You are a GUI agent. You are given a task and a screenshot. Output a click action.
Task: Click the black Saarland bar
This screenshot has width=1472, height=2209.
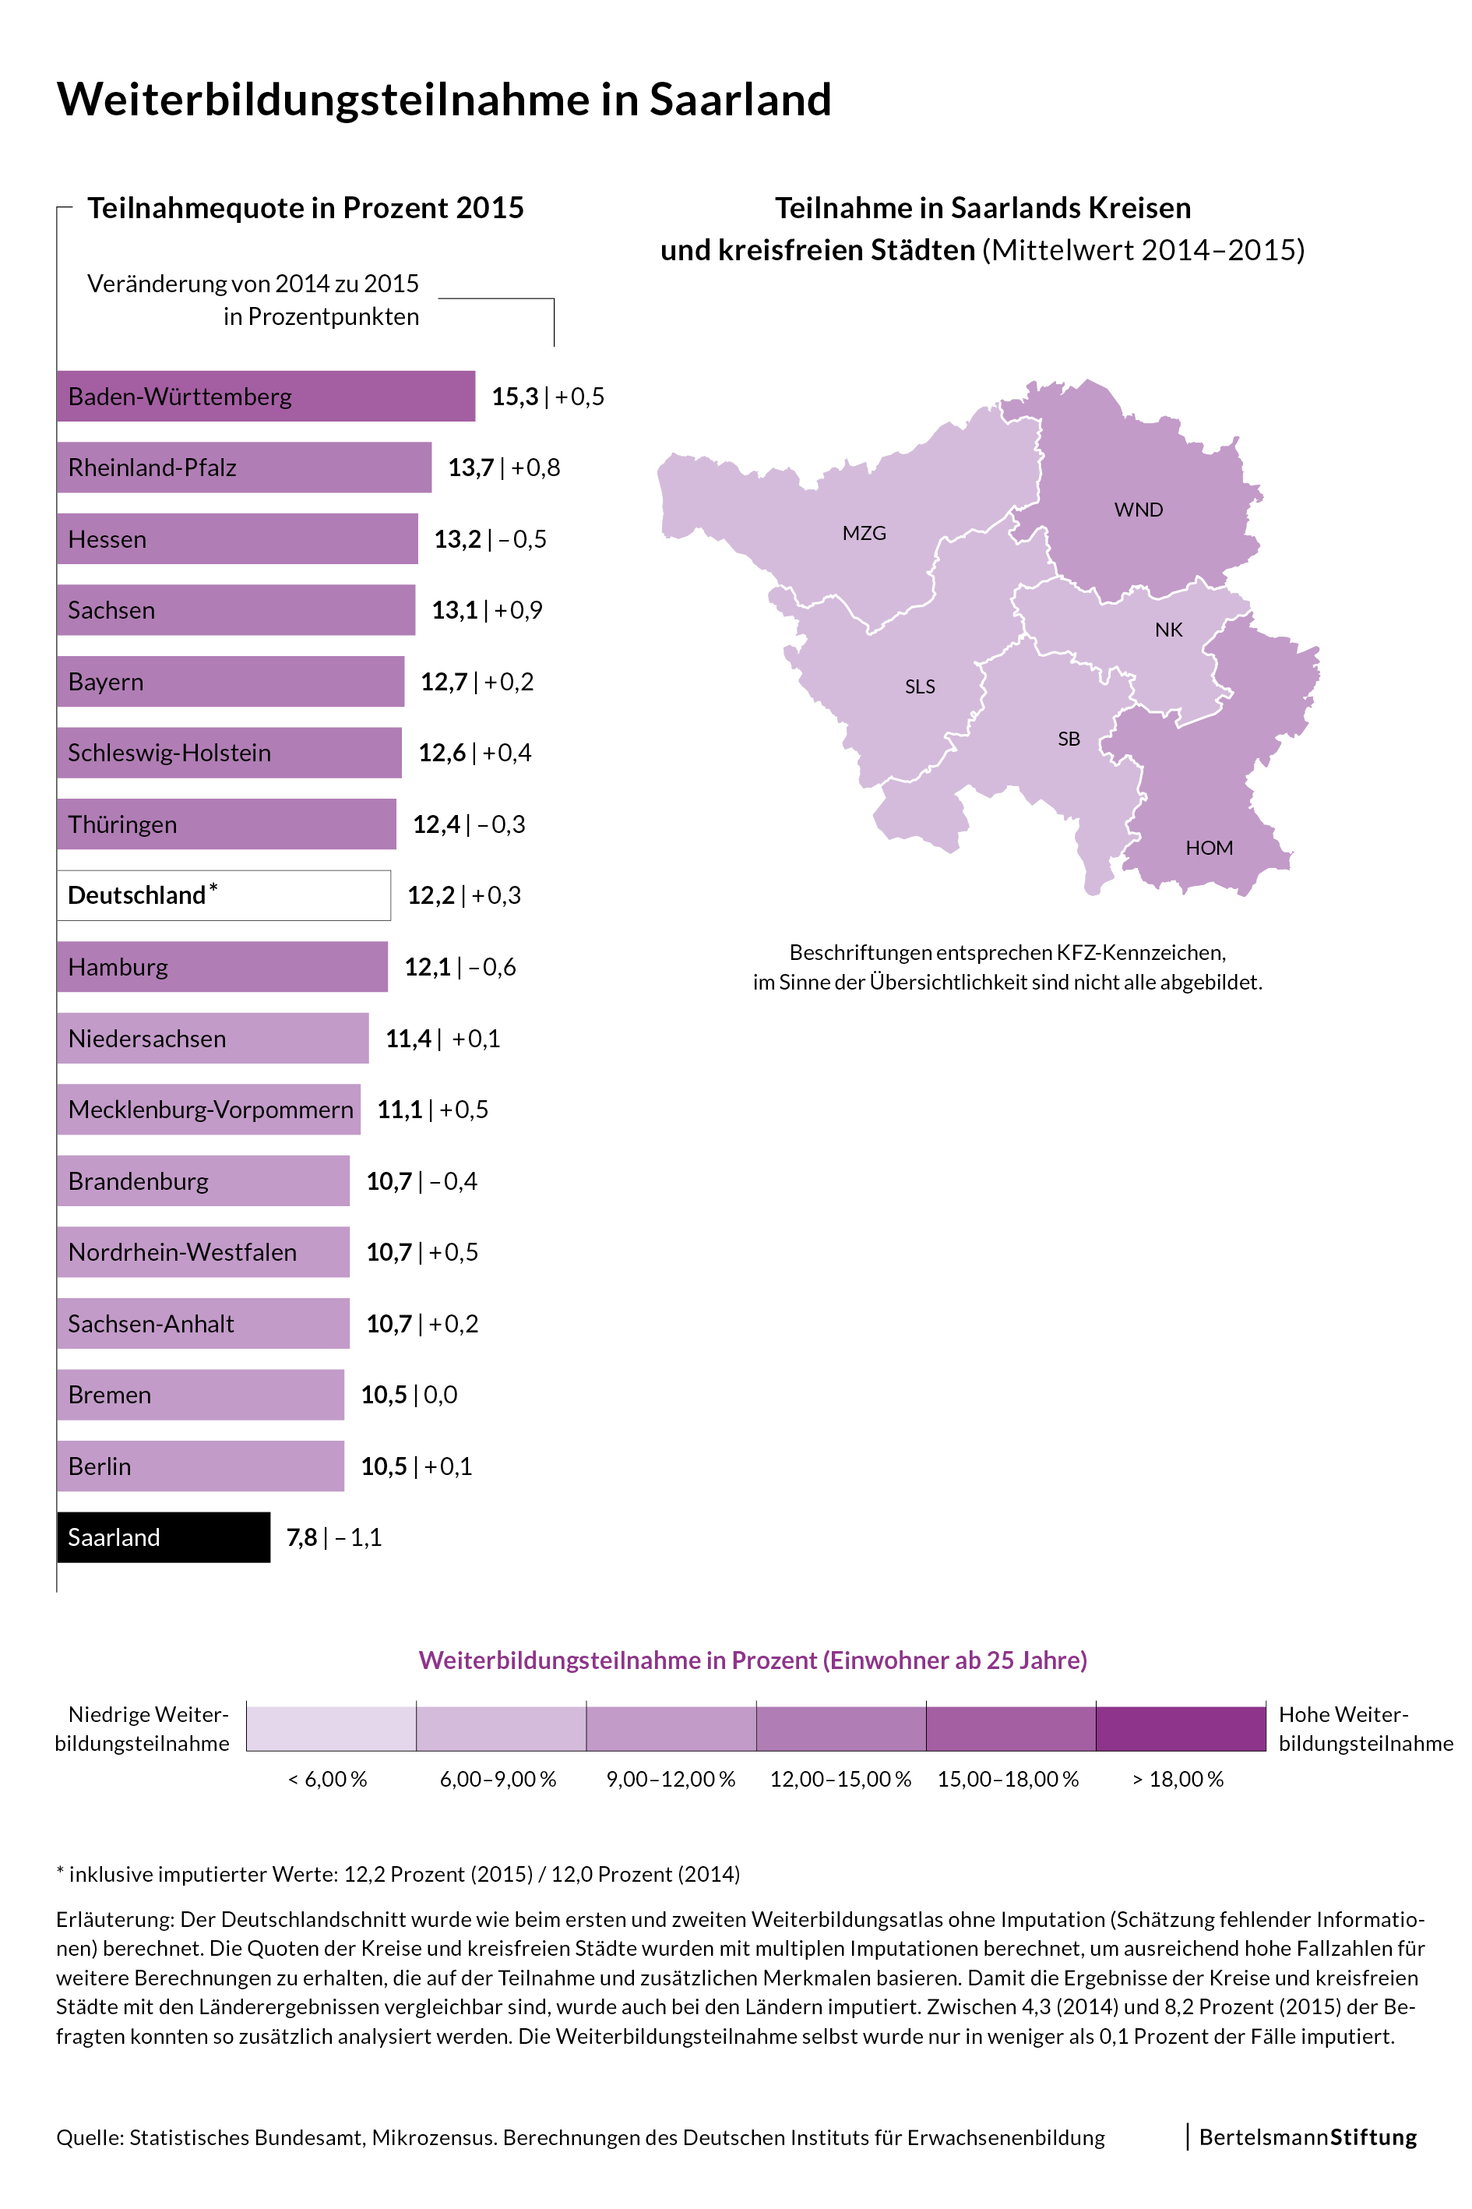(164, 1537)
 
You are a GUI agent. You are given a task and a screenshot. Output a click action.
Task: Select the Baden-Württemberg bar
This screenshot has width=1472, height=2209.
(266, 397)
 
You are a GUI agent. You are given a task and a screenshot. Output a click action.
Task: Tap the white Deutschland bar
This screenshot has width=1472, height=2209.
(224, 895)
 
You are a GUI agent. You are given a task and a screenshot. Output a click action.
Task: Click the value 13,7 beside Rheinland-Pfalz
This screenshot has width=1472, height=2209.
(471, 468)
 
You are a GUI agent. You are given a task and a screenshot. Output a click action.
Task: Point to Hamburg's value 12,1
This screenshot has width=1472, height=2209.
(427, 966)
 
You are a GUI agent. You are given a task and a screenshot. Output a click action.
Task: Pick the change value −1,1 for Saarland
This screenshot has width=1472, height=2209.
(358, 1537)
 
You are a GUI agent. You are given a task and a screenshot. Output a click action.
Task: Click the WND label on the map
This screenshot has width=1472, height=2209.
(1138, 510)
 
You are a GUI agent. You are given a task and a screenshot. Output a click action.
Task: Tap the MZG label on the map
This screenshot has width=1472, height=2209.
(864, 534)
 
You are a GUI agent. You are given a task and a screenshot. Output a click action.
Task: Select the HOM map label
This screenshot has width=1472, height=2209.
(1208, 848)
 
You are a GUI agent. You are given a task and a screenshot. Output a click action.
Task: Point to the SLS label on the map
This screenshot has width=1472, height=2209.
(919, 686)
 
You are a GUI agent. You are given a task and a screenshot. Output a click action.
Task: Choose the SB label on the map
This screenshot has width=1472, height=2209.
(1069, 739)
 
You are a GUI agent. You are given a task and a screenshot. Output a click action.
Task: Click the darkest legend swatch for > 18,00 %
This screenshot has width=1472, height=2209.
(1180, 1728)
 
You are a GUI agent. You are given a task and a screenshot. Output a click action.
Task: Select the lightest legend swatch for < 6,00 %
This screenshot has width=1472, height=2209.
(331, 1728)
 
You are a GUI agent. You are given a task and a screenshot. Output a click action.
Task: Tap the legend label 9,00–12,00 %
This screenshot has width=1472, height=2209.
(671, 1779)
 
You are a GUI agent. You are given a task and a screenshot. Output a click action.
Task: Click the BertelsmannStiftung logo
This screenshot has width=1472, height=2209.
(1307, 2137)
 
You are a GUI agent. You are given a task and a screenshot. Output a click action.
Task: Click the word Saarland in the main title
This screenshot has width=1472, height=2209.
(740, 100)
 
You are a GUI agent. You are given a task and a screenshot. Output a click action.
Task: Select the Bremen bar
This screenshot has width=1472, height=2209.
(200, 1395)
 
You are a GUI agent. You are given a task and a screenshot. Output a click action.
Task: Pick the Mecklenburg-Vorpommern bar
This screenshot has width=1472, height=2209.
(209, 1110)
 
